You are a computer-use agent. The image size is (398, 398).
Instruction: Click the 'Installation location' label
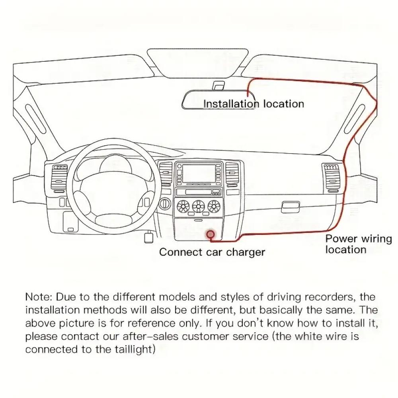point(254,104)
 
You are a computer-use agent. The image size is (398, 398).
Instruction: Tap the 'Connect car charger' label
point(212,252)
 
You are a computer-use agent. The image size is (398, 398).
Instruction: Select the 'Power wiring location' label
point(358,244)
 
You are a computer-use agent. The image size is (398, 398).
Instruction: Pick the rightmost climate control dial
point(213,207)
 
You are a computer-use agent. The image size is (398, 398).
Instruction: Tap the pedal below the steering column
point(148,237)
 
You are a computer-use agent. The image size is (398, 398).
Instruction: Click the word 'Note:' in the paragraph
point(39,297)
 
